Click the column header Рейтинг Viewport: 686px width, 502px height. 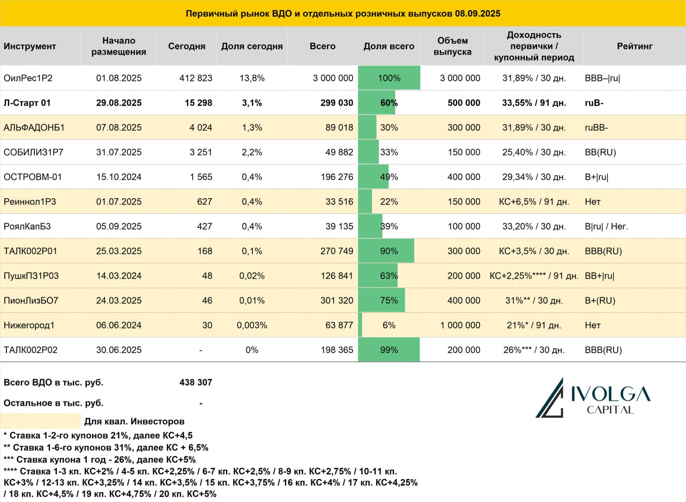[x=635, y=46]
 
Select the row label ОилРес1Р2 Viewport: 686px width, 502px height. [x=28, y=78]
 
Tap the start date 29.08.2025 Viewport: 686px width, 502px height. [x=119, y=103]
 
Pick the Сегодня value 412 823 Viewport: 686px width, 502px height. [x=196, y=78]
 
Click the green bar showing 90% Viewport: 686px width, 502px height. [x=386, y=251]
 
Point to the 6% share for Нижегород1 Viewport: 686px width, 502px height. [x=389, y=325]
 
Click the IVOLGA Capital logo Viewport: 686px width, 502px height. [x=593, y=398]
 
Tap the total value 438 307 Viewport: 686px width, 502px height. [x=196, y=383]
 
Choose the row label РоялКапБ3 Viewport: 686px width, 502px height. [x=27, y=227]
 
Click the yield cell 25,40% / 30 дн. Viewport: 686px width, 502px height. [x=534, y=153]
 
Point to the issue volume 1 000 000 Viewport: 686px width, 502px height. [x=460, y=325]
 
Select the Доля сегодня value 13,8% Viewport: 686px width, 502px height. [x=252, y=78]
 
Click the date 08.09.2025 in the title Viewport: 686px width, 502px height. [x=478, y=14]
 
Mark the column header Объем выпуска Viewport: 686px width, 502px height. [x=452, y=46]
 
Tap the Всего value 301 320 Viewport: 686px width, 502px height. [x=337, y=301]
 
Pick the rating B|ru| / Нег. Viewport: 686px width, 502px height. [x=606, y=227]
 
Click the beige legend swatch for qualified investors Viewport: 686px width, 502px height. [x=40, y=421]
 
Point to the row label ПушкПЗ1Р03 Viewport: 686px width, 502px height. [x=31, y=276]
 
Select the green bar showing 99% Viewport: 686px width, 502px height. [x=389, y=349]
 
